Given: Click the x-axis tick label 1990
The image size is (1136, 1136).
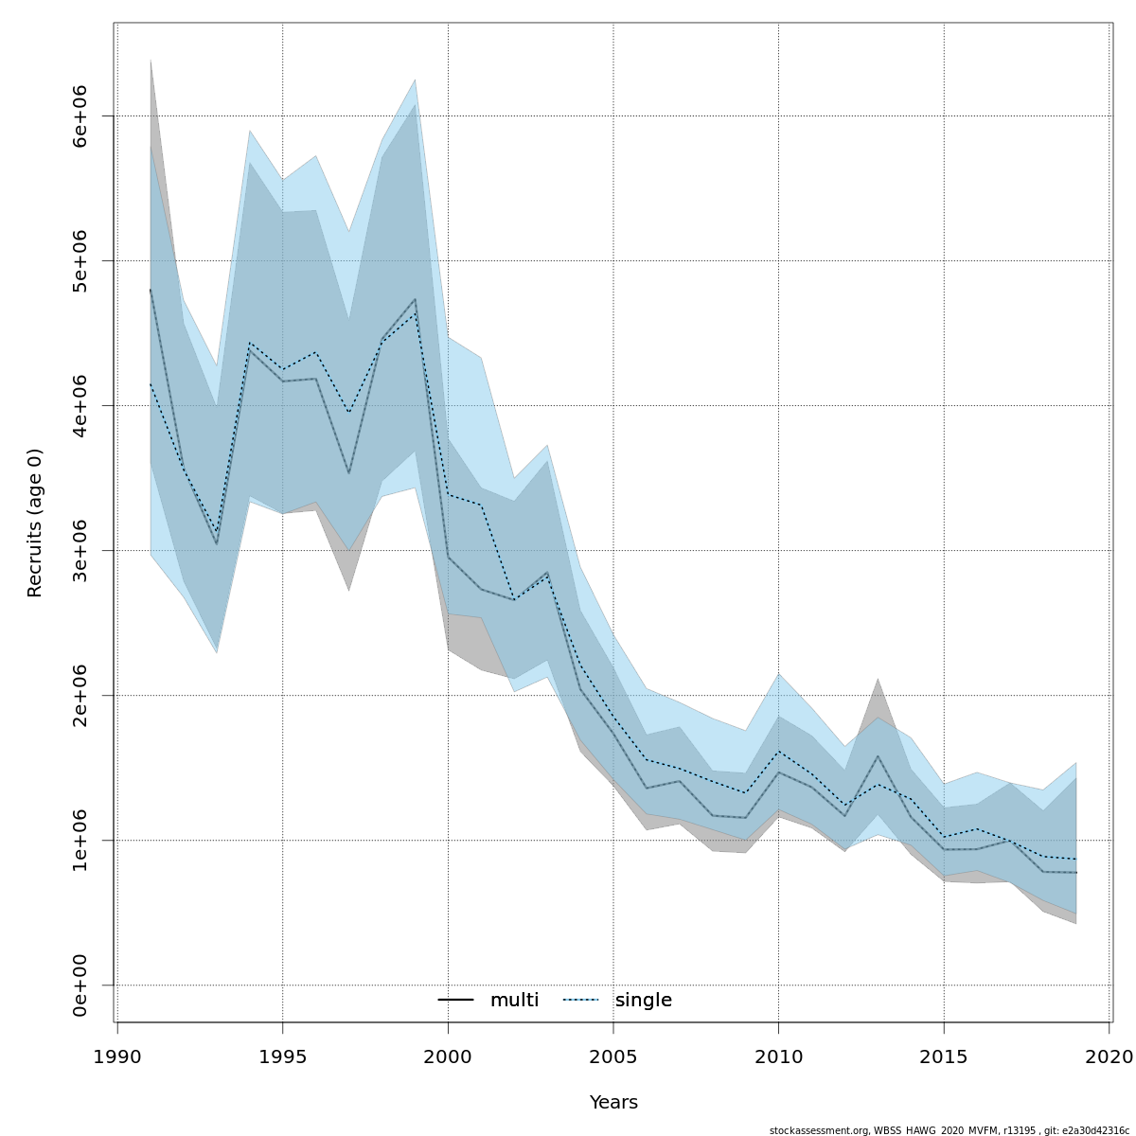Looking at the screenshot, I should pos(117,1056).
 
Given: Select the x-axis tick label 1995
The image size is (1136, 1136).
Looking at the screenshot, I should pos(282,1056).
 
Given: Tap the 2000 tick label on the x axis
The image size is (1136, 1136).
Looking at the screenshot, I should pos(448,1056).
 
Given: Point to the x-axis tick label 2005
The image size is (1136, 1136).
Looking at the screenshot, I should pos(613,1056).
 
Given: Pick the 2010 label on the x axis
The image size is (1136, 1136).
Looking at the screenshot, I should pos(778,1056).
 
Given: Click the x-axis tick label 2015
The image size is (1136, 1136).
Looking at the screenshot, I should pos(944,1056).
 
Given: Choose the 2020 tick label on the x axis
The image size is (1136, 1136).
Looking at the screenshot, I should pos(1109,1056).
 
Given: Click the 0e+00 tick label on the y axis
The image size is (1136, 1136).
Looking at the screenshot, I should pos(80,985).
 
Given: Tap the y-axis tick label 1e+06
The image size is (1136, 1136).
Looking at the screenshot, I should pos(80,841).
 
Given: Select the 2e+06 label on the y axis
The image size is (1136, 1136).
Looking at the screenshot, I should pos(80,696).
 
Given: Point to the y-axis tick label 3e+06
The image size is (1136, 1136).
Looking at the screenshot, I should pos(80,551).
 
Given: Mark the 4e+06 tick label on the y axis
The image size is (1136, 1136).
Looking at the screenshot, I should pos(80,406).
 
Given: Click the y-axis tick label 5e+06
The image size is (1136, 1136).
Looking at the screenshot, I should pos(80,261).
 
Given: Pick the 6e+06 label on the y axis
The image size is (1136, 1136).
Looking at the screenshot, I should pos(80,116).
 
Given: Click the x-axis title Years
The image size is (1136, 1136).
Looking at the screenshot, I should pos(613,1103).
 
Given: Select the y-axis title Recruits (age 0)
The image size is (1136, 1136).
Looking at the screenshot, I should pos(35,523).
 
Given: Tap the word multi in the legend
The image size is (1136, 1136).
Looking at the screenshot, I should pos(514,1001).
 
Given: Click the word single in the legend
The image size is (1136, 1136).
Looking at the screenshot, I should pos(644,1001).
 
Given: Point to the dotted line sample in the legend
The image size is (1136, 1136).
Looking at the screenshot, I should pos(580,1001).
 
